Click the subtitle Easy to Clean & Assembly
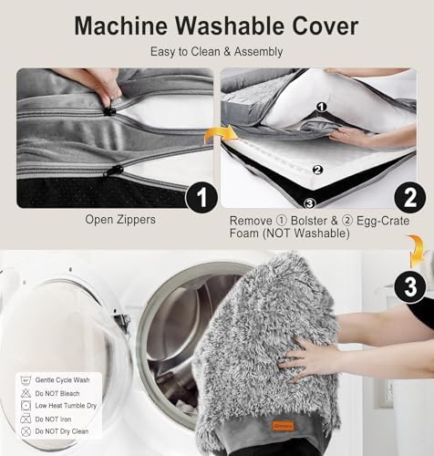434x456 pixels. point(217,52)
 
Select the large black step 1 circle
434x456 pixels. point(201,198)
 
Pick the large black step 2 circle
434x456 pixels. point(410,198)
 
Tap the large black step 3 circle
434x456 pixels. point(410,286)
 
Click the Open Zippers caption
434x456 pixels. point(120,220)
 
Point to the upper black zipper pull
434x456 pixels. point(109,111)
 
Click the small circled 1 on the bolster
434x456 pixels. point(321,107)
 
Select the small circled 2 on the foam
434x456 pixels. point(317,170)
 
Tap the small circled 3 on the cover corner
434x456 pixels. point(309,203)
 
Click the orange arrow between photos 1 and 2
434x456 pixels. point(221,135)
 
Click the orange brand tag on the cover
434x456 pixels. point(284,426)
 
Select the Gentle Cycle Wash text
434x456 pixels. point(62,380)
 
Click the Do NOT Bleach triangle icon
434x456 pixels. point(26,393)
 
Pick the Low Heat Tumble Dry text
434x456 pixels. point(66,406)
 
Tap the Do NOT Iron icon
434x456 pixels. point(26,419)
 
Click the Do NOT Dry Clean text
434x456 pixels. point(62,431)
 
